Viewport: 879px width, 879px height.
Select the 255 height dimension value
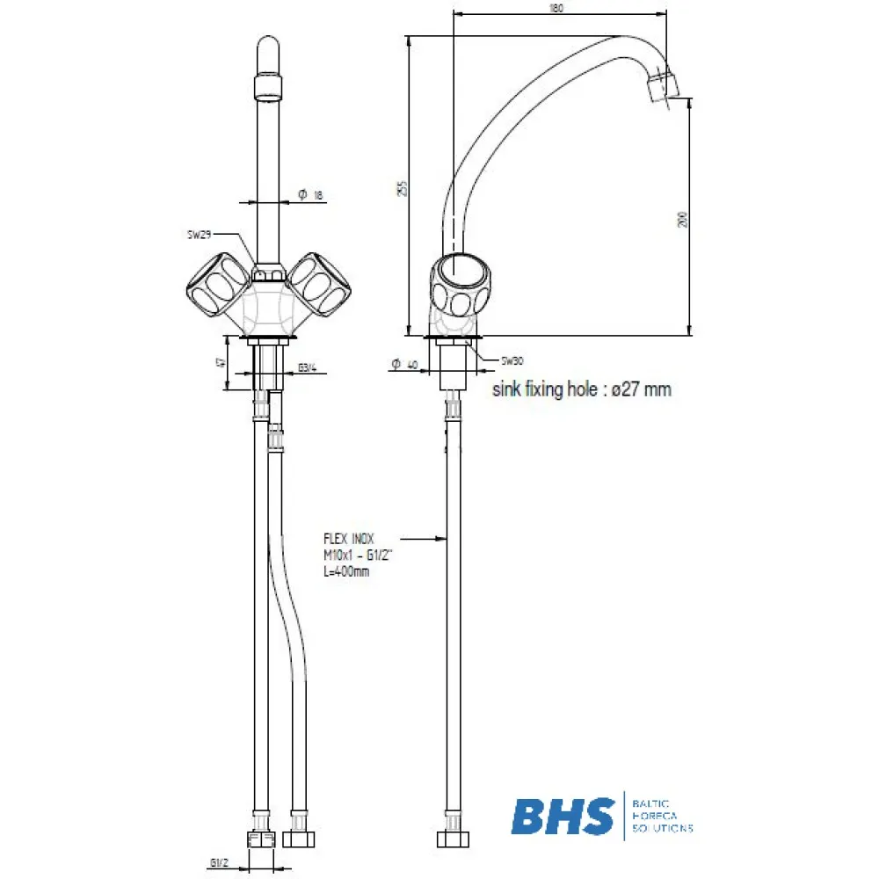(x=402, y=187)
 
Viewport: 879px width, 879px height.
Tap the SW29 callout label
(x=200, y=235)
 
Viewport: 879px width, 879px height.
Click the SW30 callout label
(x=512, y=360)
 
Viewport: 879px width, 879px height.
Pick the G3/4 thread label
(x=307, y=367)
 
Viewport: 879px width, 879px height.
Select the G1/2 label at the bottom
(x=220, y=861)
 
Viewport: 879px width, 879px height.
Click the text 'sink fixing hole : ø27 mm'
(x=581, y=389)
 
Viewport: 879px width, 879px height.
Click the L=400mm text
(x=346, y=571)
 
